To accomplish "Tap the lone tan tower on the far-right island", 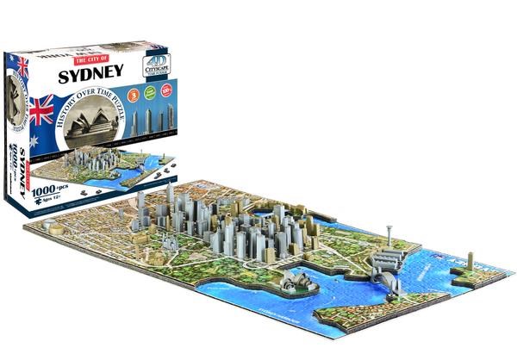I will click(x=470, y=262).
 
